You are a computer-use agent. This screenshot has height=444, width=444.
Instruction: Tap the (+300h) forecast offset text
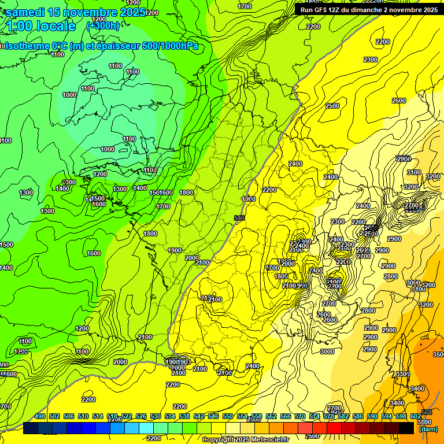(103, 25)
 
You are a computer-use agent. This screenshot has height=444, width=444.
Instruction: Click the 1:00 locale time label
(41, 26)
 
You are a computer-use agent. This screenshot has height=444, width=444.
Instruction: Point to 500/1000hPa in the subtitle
(172, 46)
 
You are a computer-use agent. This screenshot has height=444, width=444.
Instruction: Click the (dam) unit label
(427, 429)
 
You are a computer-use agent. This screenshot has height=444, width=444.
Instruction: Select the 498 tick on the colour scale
(40, 416)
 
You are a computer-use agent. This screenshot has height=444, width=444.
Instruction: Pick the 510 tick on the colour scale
(83, 416)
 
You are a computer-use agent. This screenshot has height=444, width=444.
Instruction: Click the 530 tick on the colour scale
(156, 416)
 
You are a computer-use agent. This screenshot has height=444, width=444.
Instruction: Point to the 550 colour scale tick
(228, 416)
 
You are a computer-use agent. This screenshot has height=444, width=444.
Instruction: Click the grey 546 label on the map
(239, 218)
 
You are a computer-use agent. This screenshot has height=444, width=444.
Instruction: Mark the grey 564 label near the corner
(427, 412)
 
